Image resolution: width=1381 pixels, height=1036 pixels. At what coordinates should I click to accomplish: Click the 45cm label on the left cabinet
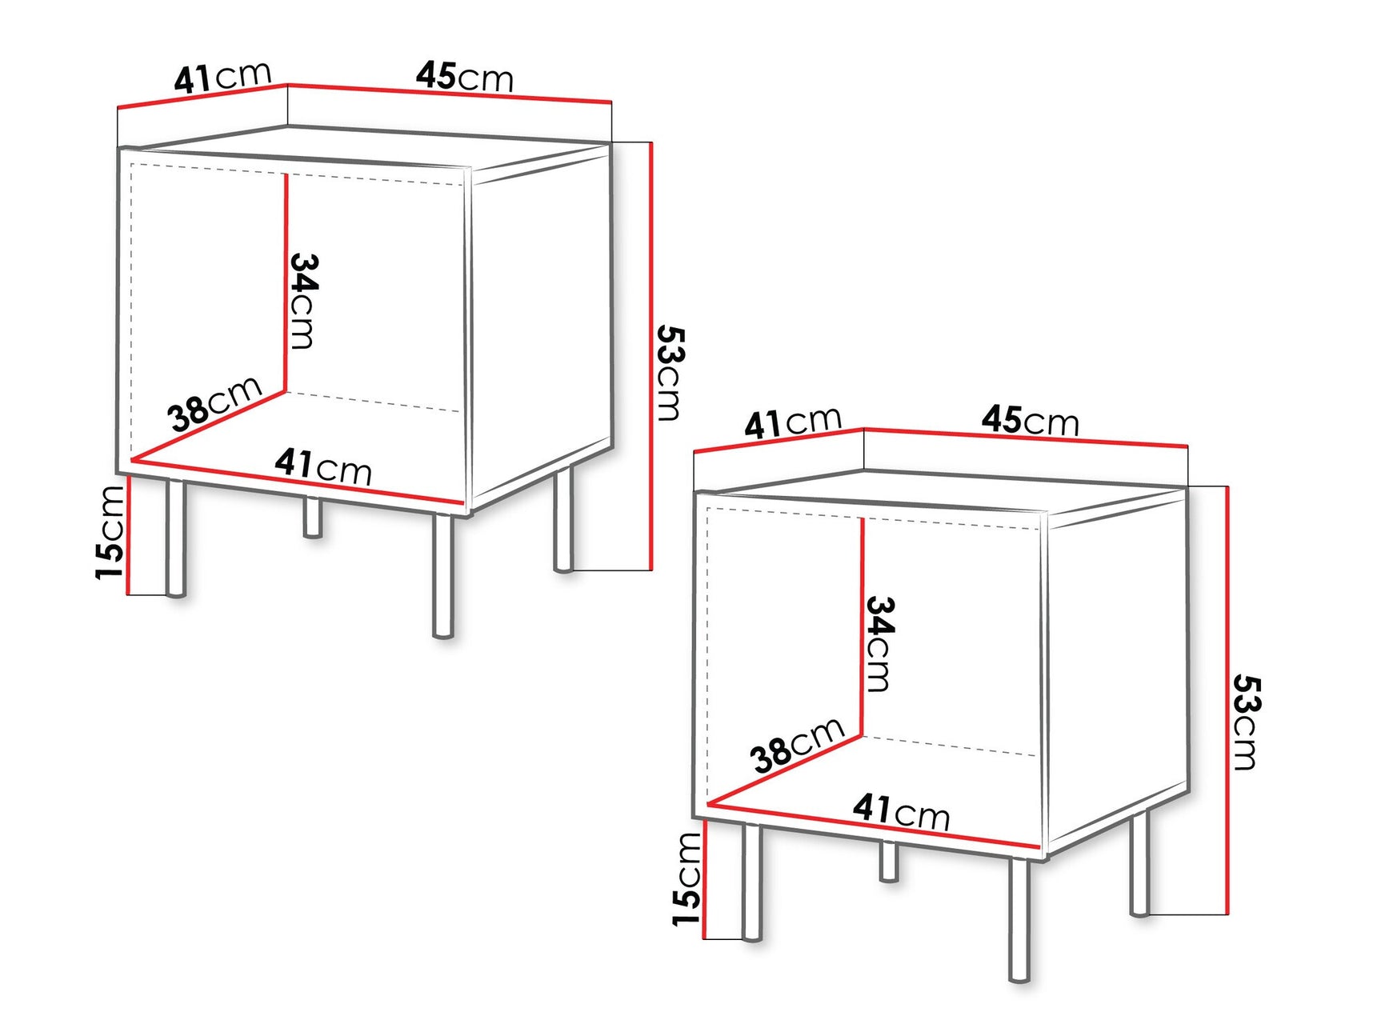coord(464,77)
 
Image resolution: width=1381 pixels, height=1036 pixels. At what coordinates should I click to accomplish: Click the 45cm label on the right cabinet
coord(1030,421)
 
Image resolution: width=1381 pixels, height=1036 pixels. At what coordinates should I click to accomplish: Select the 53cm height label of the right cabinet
coord(1245,722)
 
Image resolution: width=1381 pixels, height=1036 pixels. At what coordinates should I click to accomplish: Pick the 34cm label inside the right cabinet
coord(879,643)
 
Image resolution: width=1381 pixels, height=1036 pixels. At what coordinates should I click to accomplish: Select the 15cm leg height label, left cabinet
coord(111,532)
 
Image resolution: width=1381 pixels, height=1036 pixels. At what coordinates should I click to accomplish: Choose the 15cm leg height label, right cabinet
coord(687,878)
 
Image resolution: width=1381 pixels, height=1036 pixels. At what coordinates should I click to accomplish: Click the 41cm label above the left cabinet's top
coord(223,77)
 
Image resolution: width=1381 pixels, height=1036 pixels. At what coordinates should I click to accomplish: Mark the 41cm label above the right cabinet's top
coord(793,422)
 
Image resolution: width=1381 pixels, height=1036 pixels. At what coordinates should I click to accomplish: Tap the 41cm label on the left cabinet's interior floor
coord(323,466)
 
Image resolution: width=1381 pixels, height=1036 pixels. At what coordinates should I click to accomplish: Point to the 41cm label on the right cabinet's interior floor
coord(901,811)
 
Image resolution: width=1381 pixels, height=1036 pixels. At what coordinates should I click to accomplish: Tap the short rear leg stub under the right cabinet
coord(888,862)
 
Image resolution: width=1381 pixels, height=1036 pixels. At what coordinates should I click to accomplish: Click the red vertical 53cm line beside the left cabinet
coord(652,356)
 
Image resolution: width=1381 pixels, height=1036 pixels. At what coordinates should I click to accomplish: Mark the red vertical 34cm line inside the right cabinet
coord(862,624)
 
